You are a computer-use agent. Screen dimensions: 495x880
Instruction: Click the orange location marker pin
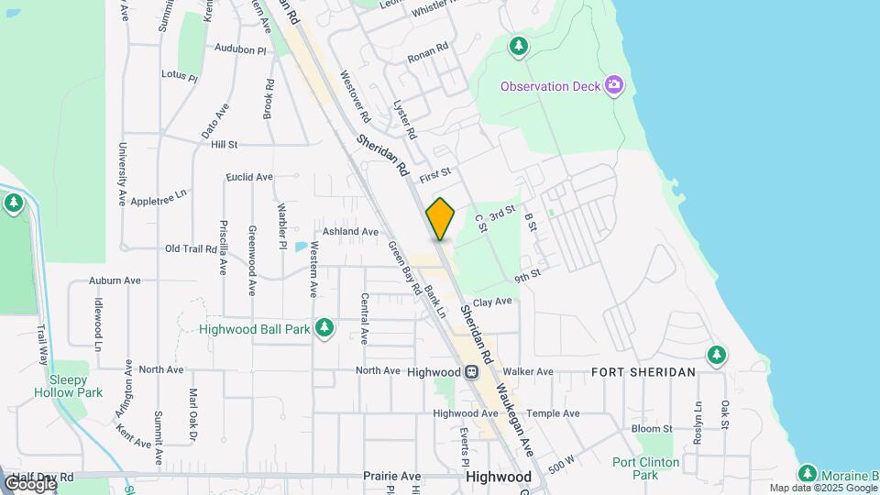441,218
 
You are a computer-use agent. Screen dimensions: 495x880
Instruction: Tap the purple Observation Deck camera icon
614,86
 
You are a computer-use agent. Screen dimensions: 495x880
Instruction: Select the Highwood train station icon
470,372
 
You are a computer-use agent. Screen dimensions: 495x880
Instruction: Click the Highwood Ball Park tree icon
324,327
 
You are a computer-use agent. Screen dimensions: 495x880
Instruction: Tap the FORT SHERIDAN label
643,371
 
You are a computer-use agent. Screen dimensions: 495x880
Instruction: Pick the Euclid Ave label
249,177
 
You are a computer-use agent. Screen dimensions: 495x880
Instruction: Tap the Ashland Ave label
349,232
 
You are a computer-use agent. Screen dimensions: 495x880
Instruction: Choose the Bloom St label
652,428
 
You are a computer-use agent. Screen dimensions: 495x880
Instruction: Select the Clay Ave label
492,302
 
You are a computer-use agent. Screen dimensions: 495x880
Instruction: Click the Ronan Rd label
428,47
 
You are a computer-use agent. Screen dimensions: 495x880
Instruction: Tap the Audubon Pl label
240,48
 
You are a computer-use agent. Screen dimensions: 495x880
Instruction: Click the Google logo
29,483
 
